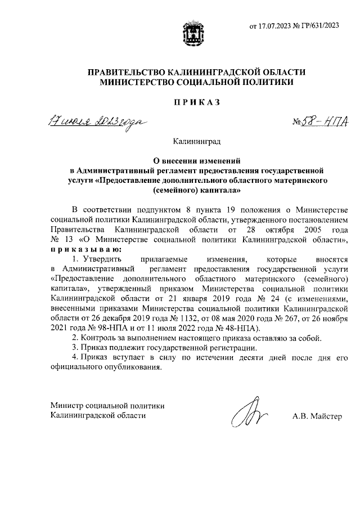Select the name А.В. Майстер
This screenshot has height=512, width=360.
point(317,416)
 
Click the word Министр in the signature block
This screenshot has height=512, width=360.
point(66,405)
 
